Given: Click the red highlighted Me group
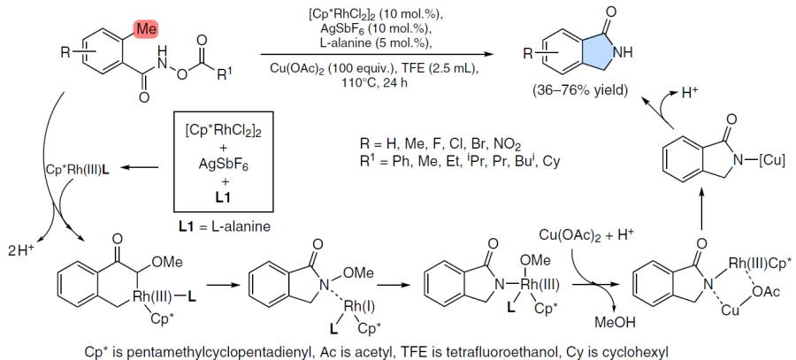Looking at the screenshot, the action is point(146,29).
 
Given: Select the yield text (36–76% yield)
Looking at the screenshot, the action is point(580,91).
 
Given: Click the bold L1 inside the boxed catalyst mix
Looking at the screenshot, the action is point(223,196).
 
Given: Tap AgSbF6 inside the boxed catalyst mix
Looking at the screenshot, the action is point(224,164).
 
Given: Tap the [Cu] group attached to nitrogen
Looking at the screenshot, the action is point(772,161).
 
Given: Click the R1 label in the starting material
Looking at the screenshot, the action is point(224,76).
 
